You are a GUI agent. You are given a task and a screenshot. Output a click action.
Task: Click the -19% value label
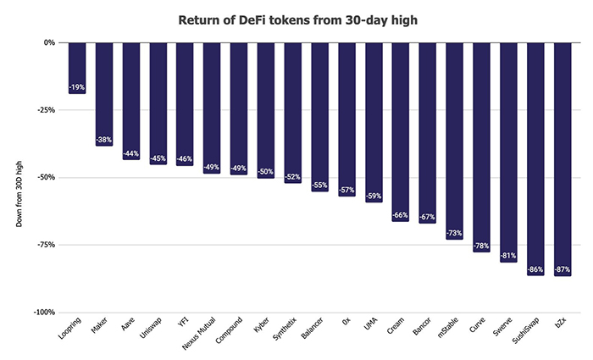click(x=77, y=86)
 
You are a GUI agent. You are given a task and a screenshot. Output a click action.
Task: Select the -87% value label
click(x=563, y=270)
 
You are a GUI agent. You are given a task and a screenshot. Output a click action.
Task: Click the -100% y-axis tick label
click(x=43, y=313)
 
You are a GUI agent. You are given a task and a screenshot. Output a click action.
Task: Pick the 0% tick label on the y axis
click(x=50, y=42)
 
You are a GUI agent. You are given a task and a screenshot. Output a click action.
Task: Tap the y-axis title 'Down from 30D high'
click(x=19, y=178)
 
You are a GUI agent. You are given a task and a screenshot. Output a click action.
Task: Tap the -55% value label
click(x=320, y=185)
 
